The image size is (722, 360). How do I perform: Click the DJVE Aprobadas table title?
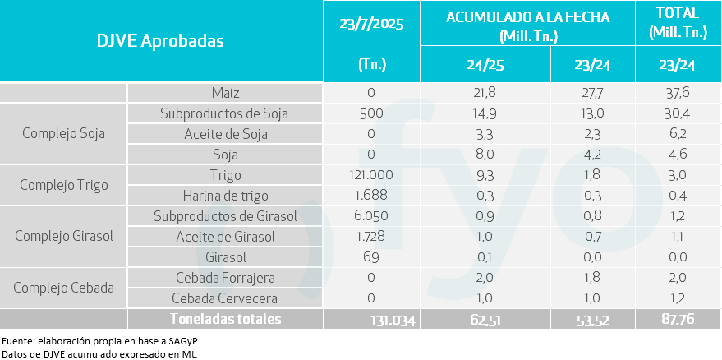[x=160, y=41]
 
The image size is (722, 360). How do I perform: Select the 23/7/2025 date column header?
[x=371, y=23]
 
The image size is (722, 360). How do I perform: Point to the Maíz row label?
[x=225, y=93]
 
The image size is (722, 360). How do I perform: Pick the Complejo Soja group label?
[x=64, y=134]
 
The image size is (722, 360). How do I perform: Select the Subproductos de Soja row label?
[x=225, y=113]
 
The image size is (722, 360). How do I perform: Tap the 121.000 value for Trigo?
[x=371, y=175]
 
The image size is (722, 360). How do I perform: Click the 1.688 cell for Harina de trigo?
[x=371, y=196]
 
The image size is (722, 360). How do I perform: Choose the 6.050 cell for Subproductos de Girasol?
[x=371, y=216]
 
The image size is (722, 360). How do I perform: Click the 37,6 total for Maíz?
[x=678, y=93]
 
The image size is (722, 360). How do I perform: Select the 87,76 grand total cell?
[x=678, y=319]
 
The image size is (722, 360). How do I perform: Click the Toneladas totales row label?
[x=225, y=319]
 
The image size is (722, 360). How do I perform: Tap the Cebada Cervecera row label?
[x=225, y=298]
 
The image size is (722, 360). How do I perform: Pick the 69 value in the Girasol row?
[x=371, y=257]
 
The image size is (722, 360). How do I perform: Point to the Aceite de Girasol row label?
[x=225, y=237]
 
